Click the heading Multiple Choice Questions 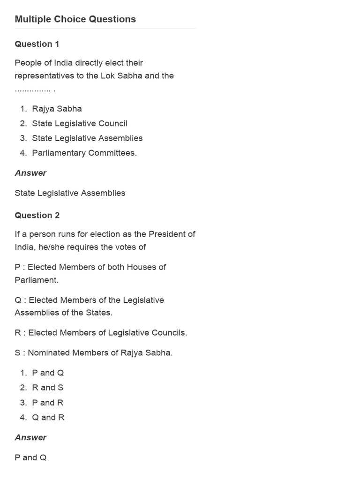[x=75, y=19]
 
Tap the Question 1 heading [x=37, y=44]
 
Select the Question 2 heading [x=37, y=216]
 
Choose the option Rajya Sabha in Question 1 [x=57, y=109]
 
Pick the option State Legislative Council [x=80, y=124]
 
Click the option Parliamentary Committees [x=84, y=153]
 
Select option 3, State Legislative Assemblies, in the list [x=87, y=138]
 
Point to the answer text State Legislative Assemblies [x=70, y=193]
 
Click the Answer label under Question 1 [x=30, y=173]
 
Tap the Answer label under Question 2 [x=30, y=437]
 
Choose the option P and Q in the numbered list [x=48, y=373]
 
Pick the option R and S [x=47, y=388]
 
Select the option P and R [x=47, y=403]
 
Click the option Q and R [x=48, y=418]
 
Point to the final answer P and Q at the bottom [x=30, y=457]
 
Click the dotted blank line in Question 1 [x=34, y=89]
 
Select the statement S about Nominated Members [x=94, y=353]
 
